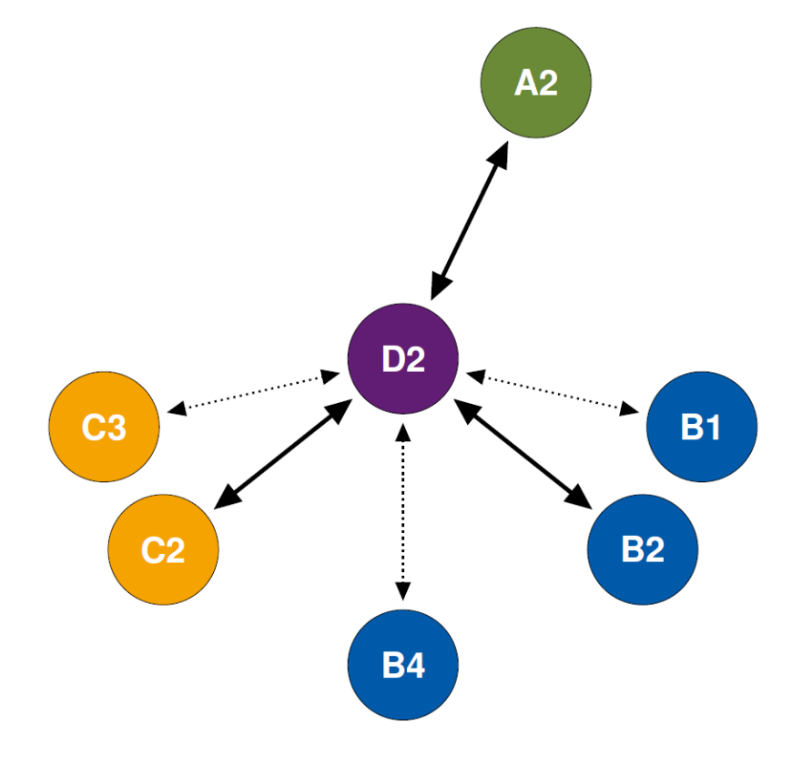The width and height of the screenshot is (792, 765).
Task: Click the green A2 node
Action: (535, 83)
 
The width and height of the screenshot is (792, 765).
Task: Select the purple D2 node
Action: (403, 358)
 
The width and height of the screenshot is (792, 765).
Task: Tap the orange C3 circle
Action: (104, 428)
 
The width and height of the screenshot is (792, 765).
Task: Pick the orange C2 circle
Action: (163, 549)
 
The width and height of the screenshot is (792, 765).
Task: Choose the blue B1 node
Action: (701, 427)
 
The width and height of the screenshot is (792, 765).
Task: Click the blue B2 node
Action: (643, 549)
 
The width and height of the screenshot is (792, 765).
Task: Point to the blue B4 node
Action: (403, 666)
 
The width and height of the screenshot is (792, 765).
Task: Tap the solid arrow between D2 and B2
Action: (524, 453)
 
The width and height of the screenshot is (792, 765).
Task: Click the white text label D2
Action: (403, 359)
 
